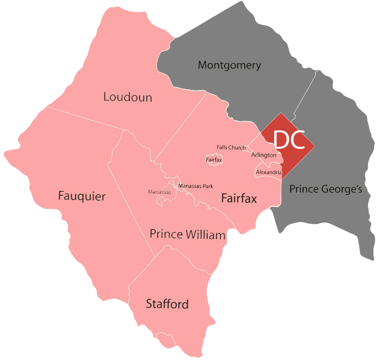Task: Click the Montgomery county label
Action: point(229,65)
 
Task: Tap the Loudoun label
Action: point(128,97)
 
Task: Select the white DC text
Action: point(289,140)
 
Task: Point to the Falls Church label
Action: point(231,147)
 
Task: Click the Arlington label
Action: point(264,155)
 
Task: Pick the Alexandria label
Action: point(269,172)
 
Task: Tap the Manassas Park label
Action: point(195,186)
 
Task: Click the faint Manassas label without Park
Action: point(159,192)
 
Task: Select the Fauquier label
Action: point(82,196)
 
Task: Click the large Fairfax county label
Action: point(239,198)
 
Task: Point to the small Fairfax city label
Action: point(214,160)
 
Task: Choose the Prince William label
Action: point(187,234)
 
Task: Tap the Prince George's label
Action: point(325,189)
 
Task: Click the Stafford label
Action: point(167,304)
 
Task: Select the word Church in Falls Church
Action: point(237,147)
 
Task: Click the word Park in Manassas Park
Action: point(208,186)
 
